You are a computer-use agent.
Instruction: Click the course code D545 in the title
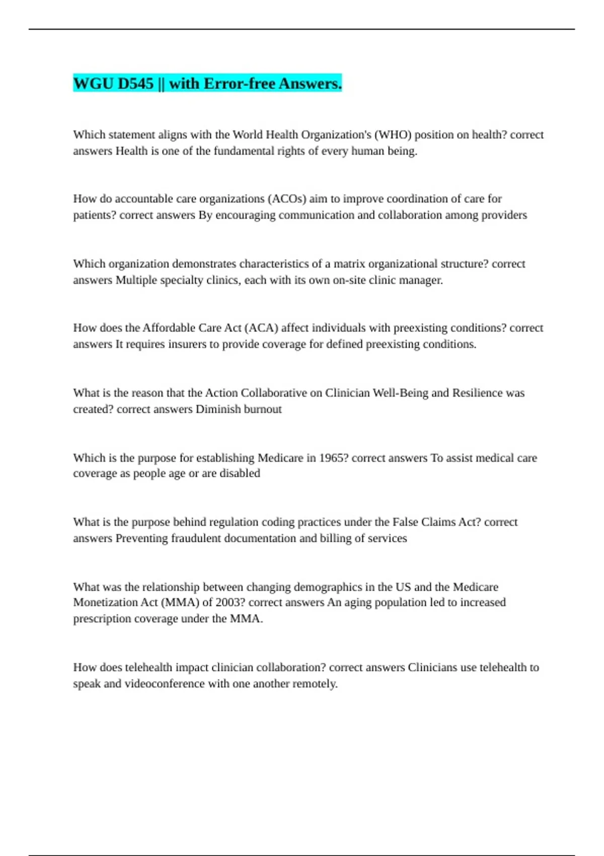(135, 84)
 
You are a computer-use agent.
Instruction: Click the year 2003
(230, 602)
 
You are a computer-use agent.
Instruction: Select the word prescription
(99, 619)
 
